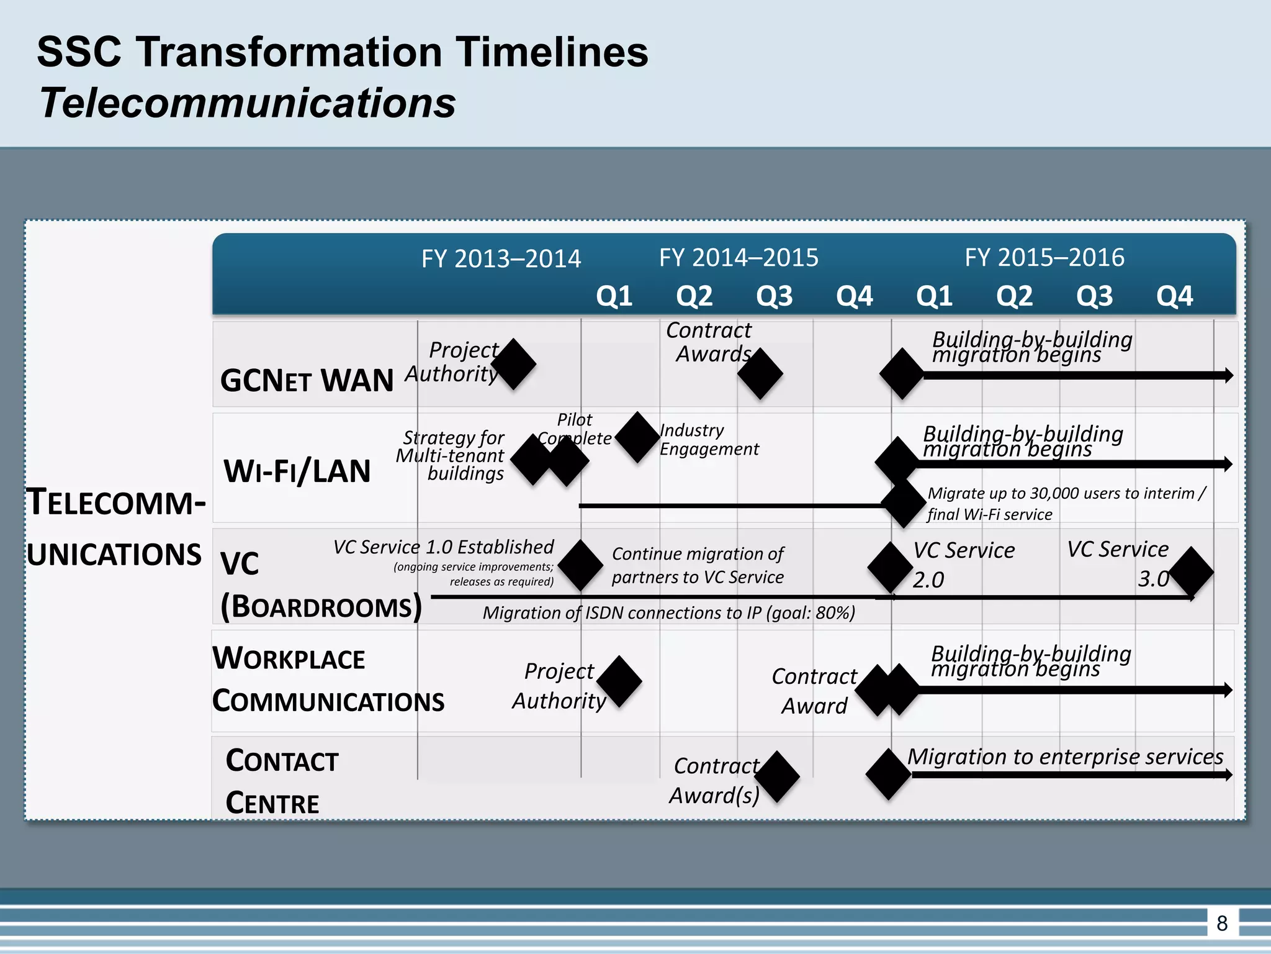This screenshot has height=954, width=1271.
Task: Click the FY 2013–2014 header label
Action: [x=501, y=258]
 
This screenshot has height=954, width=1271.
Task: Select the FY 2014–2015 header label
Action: [x=739, y=257]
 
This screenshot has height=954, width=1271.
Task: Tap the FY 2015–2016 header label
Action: [x=1044, y=257]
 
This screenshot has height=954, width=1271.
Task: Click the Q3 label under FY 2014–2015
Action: [x=774, y=296]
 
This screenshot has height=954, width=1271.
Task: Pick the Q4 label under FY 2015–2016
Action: [x=1174, y=296]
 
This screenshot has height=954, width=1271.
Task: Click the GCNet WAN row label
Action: [x=307, y=380]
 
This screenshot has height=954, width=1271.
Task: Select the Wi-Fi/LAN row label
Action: [x=297, y=471]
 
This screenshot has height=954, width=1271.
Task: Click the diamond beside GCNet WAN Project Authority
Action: [x=514, y=365]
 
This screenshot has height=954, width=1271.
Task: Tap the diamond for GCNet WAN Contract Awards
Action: [x=760, y=373]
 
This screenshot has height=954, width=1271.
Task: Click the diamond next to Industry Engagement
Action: [x=637, y=437]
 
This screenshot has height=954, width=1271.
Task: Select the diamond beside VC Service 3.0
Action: [x=1191, y=571]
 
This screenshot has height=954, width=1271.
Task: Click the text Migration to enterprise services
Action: [x=1065, y=756]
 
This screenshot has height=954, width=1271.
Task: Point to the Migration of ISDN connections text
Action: [x=668, y=613]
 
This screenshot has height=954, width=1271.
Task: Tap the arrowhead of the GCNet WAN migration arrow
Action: [x=1228, y=375]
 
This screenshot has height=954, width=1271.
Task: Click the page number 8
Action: [x=1222, y=923]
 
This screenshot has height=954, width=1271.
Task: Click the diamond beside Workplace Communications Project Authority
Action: [x=619, y=681]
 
